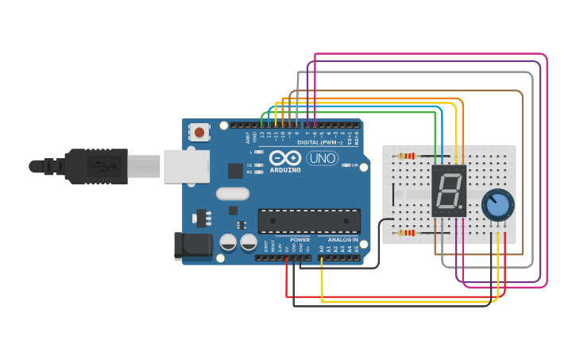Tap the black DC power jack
(x=193, y=245)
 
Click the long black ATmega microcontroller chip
(x=309, y=221)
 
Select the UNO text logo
(x=322, y=158)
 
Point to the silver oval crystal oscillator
(x=232, y=193)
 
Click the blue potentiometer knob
(x=498, y=204)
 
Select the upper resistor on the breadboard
(x=407, y=156)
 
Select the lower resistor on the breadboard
(x=407, y=233)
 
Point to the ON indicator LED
(x=346, y=165)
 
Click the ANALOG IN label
(x=343, y=239)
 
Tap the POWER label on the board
(x=300, y=239)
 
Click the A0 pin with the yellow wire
(x=322, y=257)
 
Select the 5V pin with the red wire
(x=286, y=257)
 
